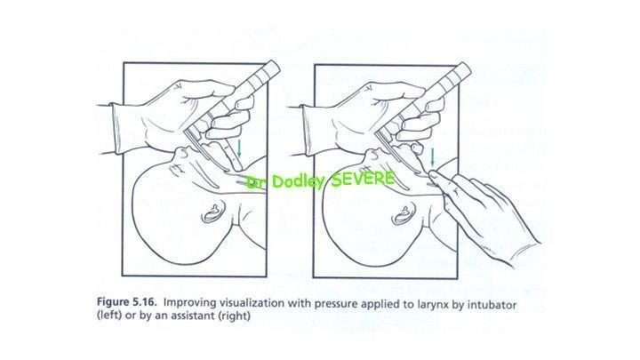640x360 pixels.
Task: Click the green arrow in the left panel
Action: click(x=239, y=148)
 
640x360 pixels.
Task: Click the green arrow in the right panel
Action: click(x=433, y=158)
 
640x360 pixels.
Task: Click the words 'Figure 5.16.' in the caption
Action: click(x=126, y=302)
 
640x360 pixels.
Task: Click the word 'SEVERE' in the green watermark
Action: click(x=363, y=179)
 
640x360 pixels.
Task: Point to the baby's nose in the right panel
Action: click(x=372, y=153)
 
